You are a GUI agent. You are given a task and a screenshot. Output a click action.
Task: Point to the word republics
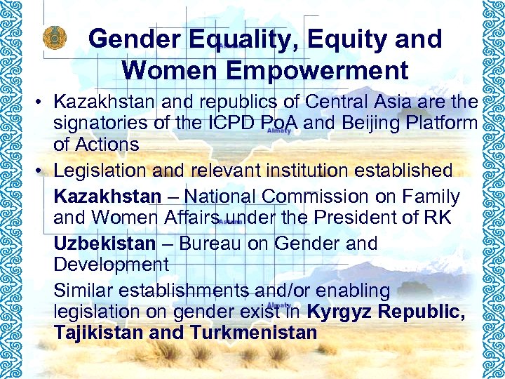pos(227,103)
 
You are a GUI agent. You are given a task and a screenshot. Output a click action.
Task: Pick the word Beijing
pos(372,124)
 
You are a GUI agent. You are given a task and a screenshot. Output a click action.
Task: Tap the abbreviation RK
pos(436,218)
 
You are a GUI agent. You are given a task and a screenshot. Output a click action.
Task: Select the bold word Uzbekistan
pos(104,244)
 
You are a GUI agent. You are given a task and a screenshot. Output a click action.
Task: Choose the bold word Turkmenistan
pos(254,332)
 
